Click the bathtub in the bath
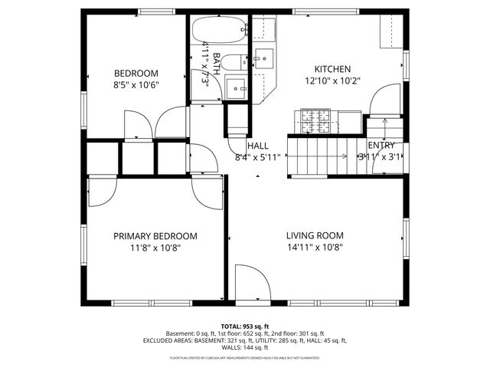pos(219,31)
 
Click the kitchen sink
pos(264,58)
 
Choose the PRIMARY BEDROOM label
pos(155,236)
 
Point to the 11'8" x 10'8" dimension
pos(155,248)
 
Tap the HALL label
pos(257,146)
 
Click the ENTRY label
pos(381,146)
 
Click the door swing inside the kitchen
pos(384,100)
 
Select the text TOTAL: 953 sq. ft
pos(245,326)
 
